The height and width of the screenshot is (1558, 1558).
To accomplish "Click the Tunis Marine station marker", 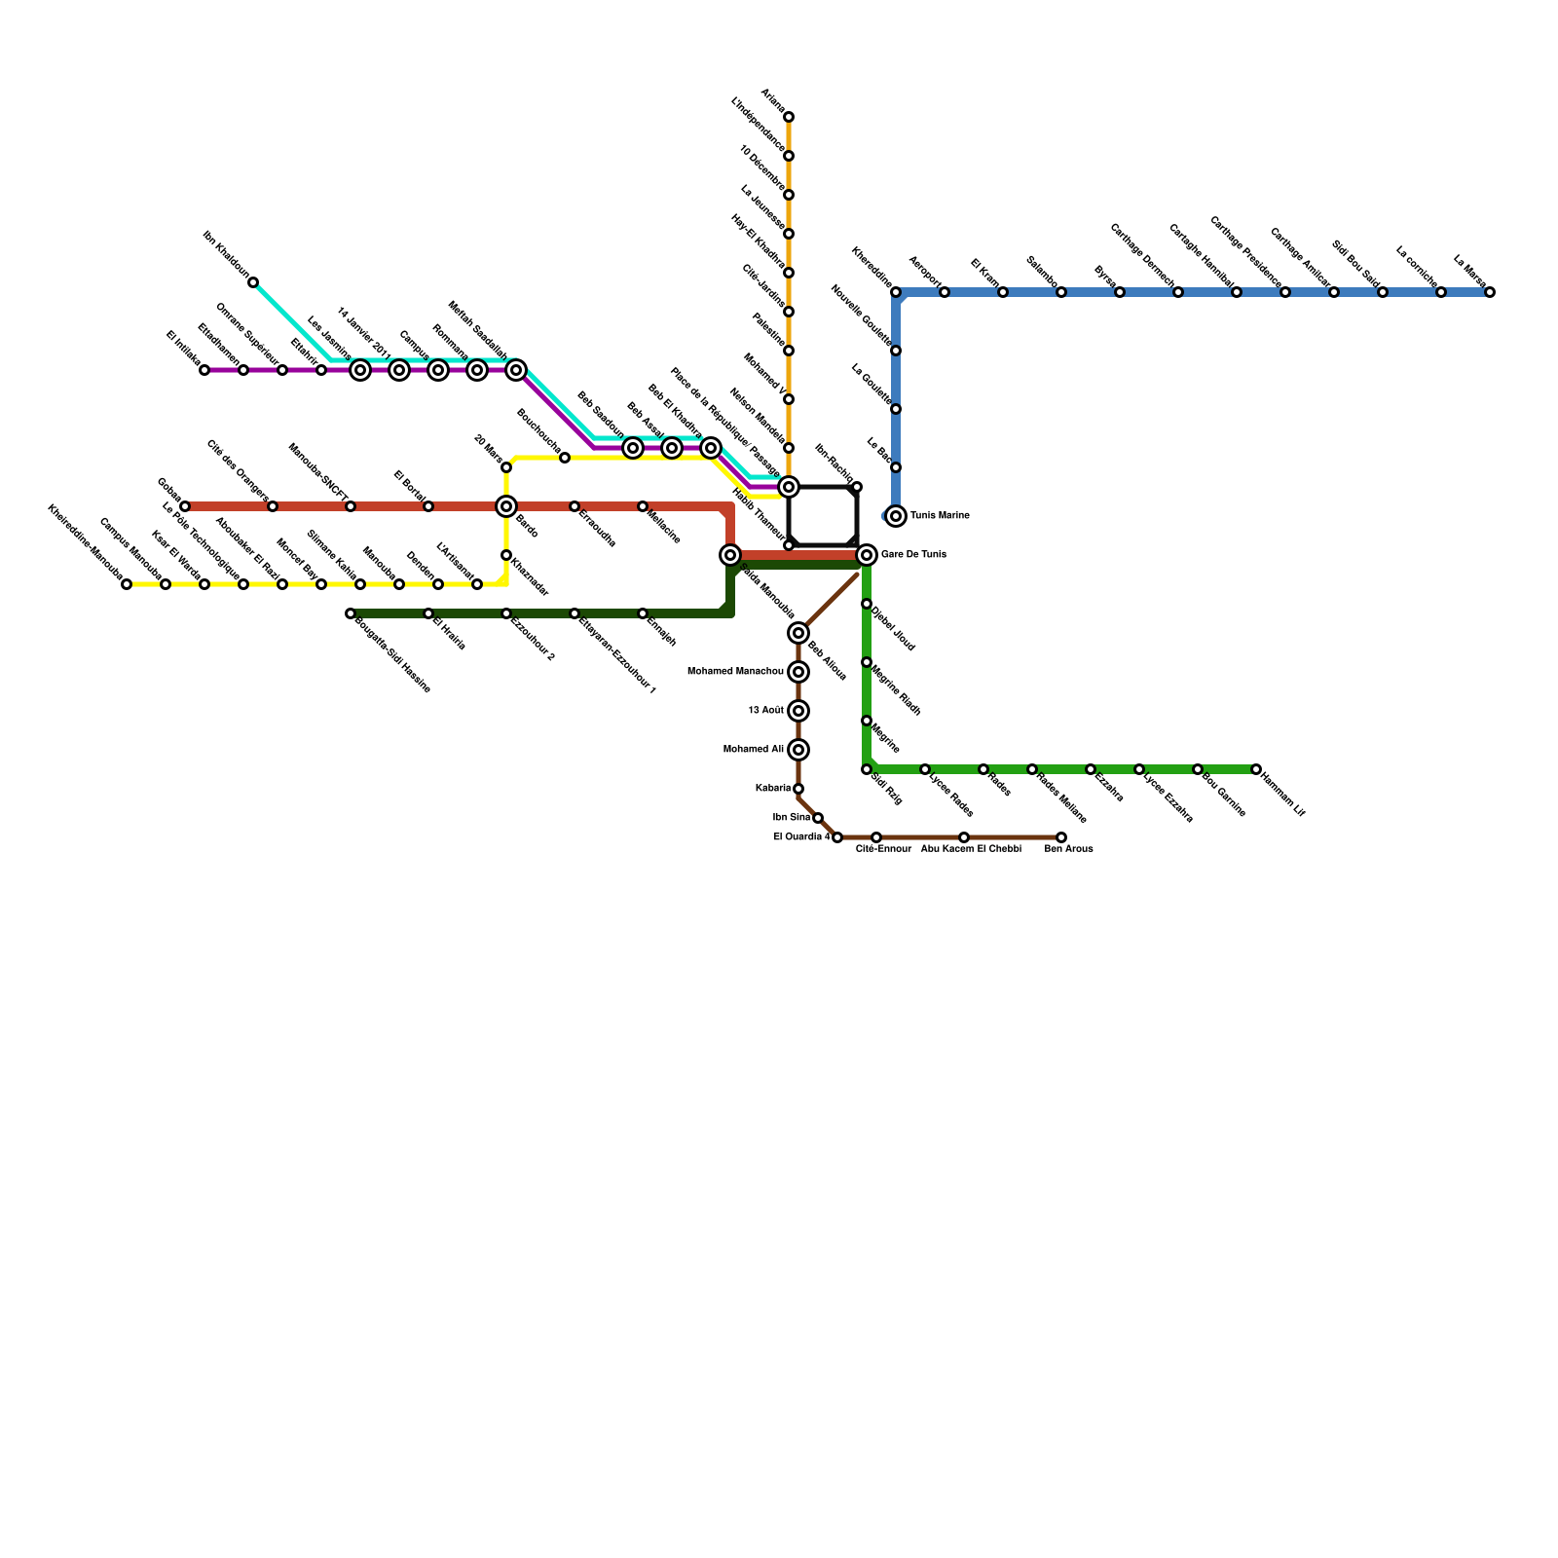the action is (x=896, y=516).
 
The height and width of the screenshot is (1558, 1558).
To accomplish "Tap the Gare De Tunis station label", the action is (x=912, y=555).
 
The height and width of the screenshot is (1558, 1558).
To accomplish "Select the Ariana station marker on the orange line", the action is (x=789, y=117).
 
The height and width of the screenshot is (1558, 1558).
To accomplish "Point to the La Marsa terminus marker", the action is (x=1490, y=292).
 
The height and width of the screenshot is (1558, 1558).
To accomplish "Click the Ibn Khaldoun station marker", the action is (x=253, y=282).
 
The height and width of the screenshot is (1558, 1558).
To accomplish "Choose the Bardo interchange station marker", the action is (x=506, y=506).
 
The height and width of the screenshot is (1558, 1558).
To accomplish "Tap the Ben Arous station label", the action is (x=1068, y=849).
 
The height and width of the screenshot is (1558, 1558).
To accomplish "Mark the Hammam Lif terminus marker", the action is (x=1256, y=769).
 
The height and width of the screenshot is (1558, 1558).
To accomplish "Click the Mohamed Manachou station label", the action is (x=735, y=672).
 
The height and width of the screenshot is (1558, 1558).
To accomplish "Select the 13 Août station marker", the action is (x=798, y=711).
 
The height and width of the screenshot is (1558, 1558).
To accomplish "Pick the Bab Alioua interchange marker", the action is (x=798, y=633).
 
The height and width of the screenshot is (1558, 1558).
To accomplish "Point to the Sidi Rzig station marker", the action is (x=867, y=769).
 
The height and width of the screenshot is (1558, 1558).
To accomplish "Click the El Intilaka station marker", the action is (x=204, y=370).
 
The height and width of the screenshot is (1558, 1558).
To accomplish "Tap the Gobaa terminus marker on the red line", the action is (x=185, y=506).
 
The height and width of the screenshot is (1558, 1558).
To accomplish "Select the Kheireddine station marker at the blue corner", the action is (x=896, y=292).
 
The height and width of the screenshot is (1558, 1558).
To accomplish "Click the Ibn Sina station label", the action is (x=792, y=818).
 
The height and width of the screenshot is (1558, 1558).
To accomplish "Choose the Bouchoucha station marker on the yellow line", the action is (x=565, y=458).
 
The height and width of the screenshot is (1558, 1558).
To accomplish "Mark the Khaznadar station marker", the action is (x=506, y=555).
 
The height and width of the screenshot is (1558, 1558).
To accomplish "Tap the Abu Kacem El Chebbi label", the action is (x=971, y=849).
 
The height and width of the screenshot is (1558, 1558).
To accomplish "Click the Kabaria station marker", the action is (x=798, y=789).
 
